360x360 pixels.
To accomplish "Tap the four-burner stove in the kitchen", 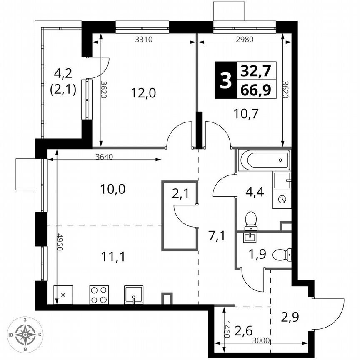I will click(x=99, y=295).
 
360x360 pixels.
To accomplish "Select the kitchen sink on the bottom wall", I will click(x=133, y=295).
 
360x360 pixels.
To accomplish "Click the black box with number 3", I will click(x=225, y=80).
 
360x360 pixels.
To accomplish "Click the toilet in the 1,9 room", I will click(x=282, y=254).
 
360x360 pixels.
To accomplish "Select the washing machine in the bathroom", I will click(x=282, y=200).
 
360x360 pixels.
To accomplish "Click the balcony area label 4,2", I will click(x=63, y=74).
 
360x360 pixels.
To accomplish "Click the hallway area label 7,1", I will click(x=217, y=237).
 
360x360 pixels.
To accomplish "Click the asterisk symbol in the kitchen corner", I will click(x=63, y=295).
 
